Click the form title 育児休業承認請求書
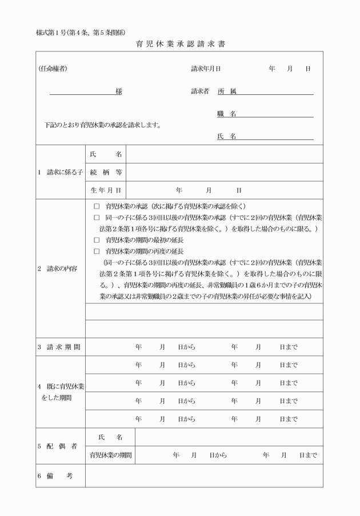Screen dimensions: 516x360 tap(180, 45)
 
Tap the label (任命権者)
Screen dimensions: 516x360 tap(53, 69)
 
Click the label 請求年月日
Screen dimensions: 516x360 tap(206, 69)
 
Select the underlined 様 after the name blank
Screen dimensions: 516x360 tap(118, 91)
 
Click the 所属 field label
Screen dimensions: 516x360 tap(227, 91)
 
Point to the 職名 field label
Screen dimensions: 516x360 tap(227, 114)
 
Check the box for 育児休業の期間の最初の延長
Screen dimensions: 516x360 tap(97, 241)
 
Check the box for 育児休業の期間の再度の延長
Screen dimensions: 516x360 tap(97, 251)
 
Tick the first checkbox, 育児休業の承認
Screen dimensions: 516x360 tap(97, 206)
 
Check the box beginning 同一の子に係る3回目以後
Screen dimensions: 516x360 tap(97, 218)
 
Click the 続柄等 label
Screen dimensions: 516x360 tap(106, 173)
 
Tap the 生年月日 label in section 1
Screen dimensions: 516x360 tap(106, 190)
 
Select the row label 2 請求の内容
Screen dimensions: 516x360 tap(58, 269)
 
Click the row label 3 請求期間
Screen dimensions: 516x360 tap(59, 347)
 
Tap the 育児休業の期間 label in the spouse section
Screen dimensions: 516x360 tap(110, 455)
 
